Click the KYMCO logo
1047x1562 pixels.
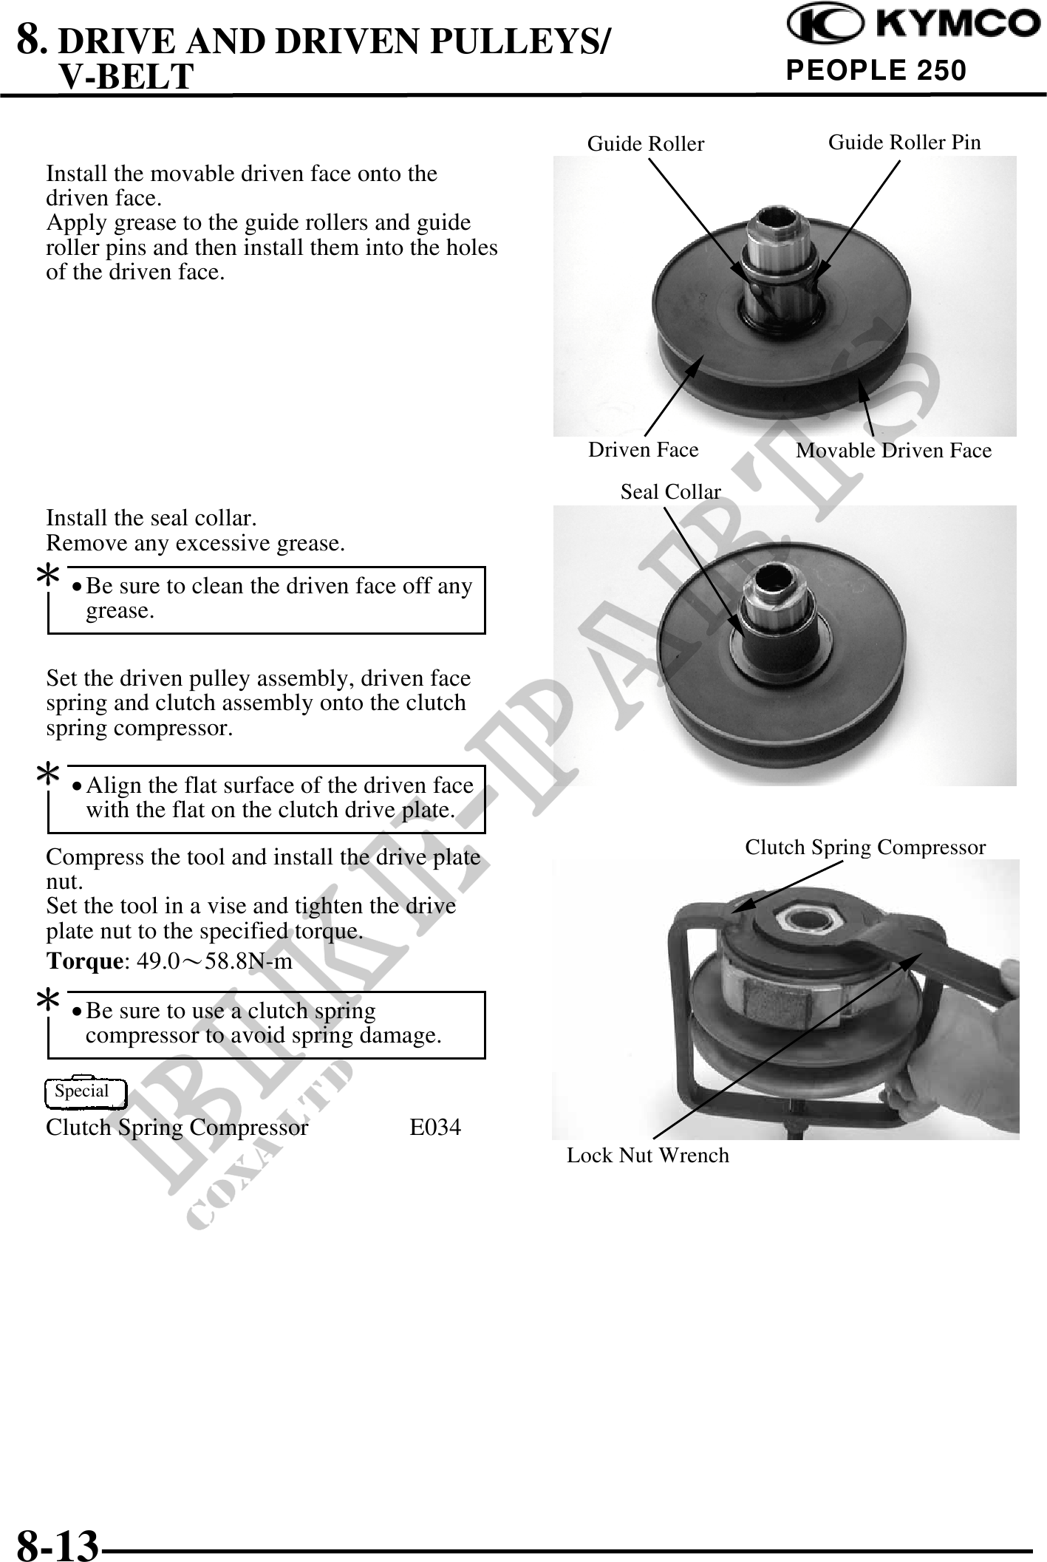913,25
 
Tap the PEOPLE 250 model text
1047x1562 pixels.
876,70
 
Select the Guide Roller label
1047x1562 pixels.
646,143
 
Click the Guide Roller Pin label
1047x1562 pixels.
904,142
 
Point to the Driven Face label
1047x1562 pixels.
643,449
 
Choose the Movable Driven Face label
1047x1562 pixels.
893,450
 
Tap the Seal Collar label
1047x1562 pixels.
670,491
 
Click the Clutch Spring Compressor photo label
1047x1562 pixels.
864,847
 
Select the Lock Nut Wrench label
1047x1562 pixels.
647,1155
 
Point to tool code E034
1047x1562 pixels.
435,1128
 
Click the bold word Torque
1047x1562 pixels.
83,961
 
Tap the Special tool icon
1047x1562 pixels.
85,1092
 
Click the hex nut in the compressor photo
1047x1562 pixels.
809,919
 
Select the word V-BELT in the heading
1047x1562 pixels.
126,76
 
